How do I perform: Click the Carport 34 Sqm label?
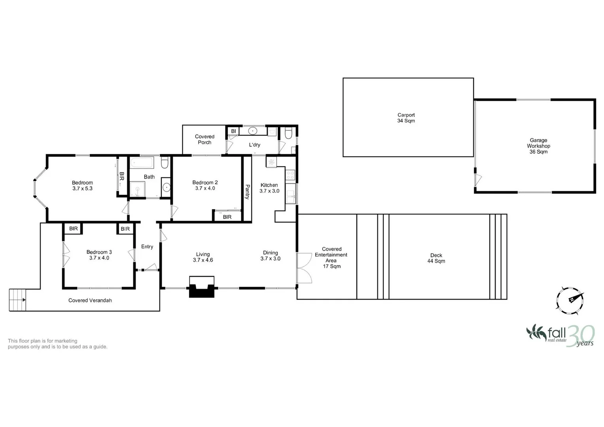pos(406,118)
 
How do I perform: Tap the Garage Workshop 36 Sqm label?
pos(538,146)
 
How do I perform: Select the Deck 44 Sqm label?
pos(436,258)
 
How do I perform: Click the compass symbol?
pos(570,300)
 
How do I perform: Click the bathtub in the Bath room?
pos(141,163)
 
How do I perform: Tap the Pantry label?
pos(247,192)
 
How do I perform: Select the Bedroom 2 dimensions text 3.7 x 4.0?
pos(205,188)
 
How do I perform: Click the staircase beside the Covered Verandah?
pos(17,300)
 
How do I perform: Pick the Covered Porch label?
pos(204,140)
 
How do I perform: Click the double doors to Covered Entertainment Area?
pos(304,268)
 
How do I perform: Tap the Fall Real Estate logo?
pos(560,335)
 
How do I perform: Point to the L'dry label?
pos(254,145)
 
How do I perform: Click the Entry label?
pos(147,247)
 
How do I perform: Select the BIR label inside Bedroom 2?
pos(227,217)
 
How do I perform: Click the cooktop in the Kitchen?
pos(290,174)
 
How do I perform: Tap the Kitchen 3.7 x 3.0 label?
pos(269,188)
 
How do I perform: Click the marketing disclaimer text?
pos(57,344)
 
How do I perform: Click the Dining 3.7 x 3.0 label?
pos(271,255)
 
